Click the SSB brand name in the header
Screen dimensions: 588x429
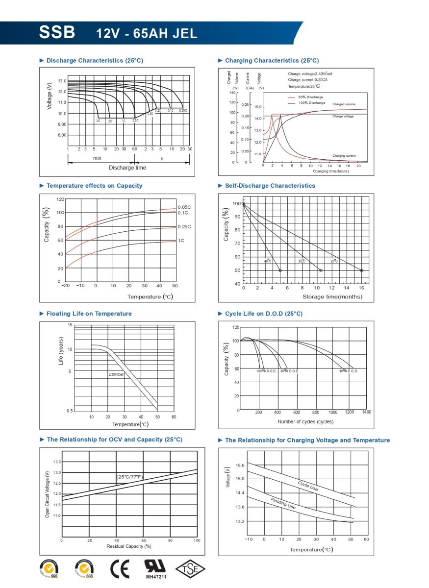coord(57,32)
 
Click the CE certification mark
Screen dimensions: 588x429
coord(120,569)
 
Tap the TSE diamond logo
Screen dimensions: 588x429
coord(190,569)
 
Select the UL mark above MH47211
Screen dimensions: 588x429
coord(156,566)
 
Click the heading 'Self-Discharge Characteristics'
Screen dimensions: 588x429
coord(270,186)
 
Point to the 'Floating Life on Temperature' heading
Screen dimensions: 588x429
coord(89,314)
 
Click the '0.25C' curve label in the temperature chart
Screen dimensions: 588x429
coord(184,227)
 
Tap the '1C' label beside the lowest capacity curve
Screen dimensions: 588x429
coord(181,241)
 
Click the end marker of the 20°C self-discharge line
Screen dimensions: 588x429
coord(362,270)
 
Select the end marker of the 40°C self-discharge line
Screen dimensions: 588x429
coord(280,270)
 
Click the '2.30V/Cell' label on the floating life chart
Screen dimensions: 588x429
coord(116,374)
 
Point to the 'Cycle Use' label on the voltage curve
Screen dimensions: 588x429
coord(307,486)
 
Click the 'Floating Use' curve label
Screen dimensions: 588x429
coord(283,503)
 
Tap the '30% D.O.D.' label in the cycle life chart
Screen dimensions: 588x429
coord(349,371)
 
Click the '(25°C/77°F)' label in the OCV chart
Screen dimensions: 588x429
coord(129,477)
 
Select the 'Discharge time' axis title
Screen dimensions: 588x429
coord(127,168)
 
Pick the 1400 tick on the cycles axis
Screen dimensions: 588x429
coord(366,412)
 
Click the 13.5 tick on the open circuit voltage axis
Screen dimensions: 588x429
coord(57,462)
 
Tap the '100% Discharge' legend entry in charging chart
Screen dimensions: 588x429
coord(311,103)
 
